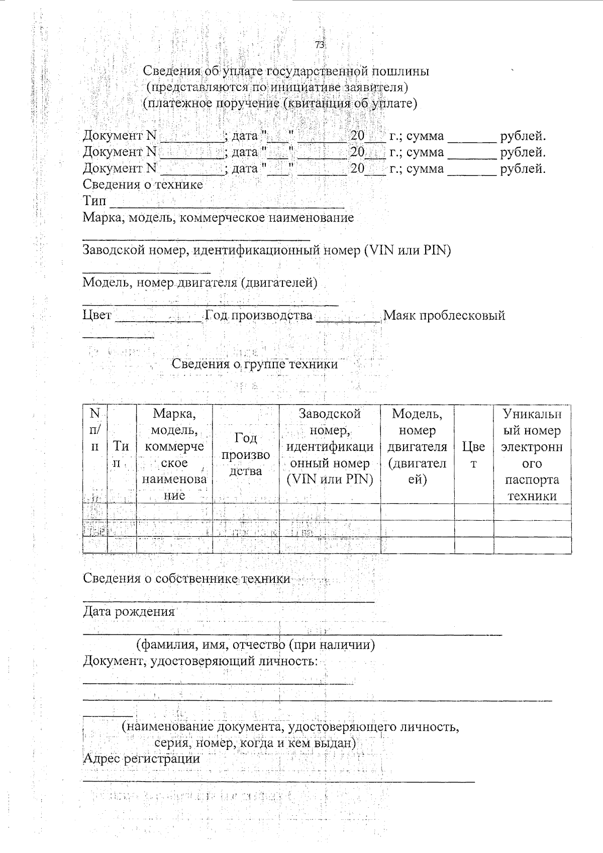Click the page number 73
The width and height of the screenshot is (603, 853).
320,45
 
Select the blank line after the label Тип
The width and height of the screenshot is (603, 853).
227,204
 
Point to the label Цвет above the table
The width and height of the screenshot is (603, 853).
97,315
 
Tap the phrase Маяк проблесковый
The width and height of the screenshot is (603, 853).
444,315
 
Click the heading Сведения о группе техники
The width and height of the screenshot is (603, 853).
255,363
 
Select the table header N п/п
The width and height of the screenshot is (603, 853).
95,430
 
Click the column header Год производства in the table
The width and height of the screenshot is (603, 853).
246,454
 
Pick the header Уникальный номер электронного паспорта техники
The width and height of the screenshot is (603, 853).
532,454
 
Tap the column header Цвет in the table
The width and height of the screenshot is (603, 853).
474,454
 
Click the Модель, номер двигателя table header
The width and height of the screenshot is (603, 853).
417,446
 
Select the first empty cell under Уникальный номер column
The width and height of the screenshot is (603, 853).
532,512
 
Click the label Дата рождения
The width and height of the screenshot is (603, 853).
129,612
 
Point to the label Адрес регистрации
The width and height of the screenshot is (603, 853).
141,759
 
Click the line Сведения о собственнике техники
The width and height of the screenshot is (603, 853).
186,579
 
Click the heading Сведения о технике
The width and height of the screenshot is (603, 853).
143,184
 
